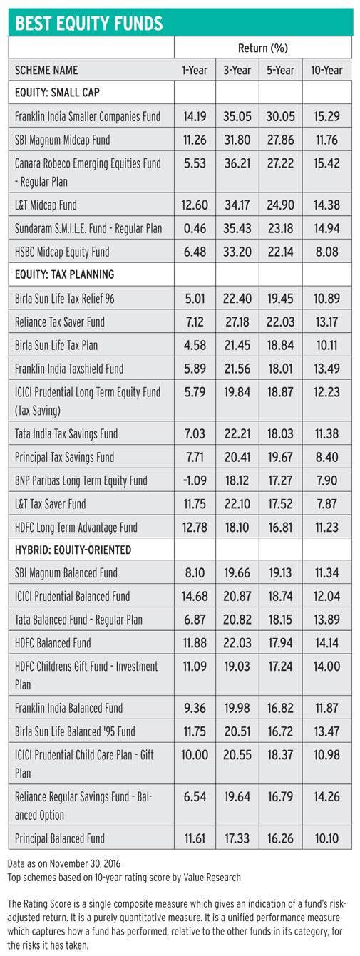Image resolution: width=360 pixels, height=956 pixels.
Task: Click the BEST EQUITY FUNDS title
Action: point(88,23)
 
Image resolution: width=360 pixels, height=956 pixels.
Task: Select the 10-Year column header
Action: point(326,70)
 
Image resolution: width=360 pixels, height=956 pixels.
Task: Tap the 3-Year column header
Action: point(237,70)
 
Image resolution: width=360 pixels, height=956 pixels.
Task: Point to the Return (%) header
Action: point(263,48)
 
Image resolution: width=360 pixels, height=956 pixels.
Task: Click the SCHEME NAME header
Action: point(46,70)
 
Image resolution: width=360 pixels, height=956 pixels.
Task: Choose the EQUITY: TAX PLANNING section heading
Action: point(64,274)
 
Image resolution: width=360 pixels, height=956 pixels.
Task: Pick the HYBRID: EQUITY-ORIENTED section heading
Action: point(73,550)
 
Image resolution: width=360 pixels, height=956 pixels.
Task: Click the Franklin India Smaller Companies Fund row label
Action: point(88,116)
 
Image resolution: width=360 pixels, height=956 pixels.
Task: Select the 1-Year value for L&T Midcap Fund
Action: point(195,205)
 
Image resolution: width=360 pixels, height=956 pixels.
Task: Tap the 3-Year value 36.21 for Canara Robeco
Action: point(237,163)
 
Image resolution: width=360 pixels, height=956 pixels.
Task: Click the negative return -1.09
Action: point(195,480)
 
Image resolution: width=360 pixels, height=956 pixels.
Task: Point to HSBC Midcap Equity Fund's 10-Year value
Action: point(326,252)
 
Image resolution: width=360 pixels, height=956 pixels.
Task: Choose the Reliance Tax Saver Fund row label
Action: point(60,322)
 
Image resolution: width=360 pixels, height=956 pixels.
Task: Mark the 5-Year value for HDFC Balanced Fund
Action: point(280,643)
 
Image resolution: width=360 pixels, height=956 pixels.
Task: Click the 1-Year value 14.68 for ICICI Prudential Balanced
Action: point(195,596)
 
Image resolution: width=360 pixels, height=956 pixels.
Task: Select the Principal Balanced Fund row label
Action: point(60,838)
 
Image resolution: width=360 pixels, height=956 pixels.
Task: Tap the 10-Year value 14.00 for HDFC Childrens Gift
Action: point(326,667)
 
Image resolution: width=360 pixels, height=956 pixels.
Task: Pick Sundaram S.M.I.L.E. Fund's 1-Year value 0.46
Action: point(195,228)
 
